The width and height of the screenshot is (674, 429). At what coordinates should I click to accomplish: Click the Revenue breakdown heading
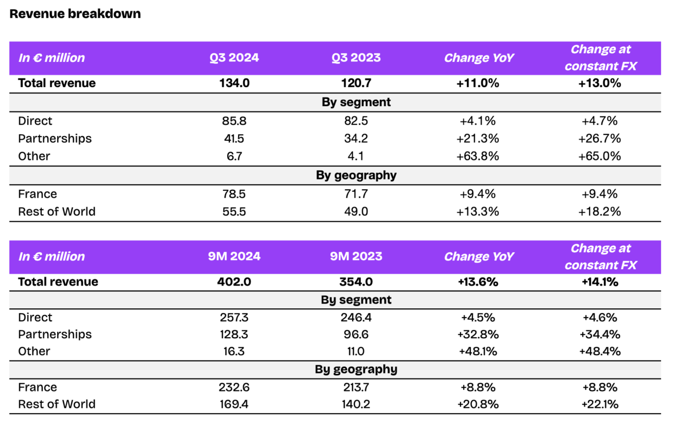pyautogui.click(x=75, y=14)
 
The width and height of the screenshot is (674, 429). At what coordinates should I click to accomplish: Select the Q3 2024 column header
pyautogui.click(x=235, y=58)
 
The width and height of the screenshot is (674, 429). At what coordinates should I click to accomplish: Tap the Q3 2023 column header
pyautogui.click(x=357, y=58)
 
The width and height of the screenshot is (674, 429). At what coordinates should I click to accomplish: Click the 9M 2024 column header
pyautogui.click(x=235, y=256)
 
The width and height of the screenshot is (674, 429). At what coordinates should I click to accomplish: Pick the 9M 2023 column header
pyautogui.click(x=357, y=256)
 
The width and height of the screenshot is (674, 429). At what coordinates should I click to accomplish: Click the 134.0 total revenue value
pyautogui.click(x=235, y=83)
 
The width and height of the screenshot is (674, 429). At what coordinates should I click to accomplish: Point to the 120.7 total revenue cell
pyautogui.click(x=357, y=83)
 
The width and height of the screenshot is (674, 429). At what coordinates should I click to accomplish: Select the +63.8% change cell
pyautogui.click(x=479, y=156)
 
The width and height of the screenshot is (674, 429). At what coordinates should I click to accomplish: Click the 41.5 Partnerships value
pyautogui.click(x=235, y=139)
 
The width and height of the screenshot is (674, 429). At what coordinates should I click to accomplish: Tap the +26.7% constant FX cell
pyautogui.click(x=600, y=139)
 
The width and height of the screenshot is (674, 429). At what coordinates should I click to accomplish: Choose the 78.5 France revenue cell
pyautogui.click(x=235, y=194)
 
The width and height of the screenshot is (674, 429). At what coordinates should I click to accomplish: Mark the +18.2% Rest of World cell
pyautogui.click(x=600, y=212)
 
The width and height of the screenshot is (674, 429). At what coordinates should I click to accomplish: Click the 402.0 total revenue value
pyautogui.click(x=235, y=282)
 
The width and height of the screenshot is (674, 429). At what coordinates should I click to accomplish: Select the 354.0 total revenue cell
pyautogui.click(x=357, y=282)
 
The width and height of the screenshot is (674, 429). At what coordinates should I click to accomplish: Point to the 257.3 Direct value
pyautogui.click(x=235, y=318)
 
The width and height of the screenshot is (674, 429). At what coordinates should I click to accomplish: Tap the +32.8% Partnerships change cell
pyautogui.click(x=479, y=334)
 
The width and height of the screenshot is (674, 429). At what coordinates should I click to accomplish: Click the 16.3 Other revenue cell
pyautogui.click(x=235, y=351)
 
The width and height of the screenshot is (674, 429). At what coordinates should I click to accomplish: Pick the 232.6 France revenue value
pyautogui.click(x=235, y=387)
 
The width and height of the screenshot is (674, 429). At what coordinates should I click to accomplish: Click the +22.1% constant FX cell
pyautogui.click(x=600, y=404)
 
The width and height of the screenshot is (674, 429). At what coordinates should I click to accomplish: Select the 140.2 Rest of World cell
pyautogui.click(x=357, y=404)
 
